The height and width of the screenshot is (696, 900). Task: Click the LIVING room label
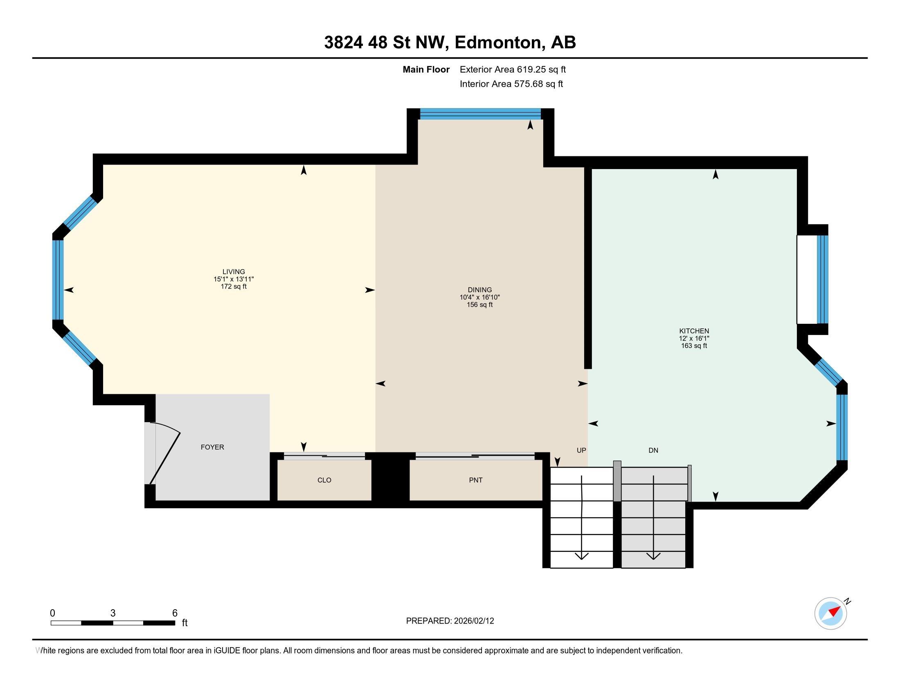[x=234, y=271]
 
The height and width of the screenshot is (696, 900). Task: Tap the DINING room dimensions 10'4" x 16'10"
[x=480, y=297]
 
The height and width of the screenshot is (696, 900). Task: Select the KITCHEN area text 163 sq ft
[x=694, y=346]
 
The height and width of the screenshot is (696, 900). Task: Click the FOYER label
[x=212, y=447]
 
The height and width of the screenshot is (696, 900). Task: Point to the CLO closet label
[x=324, y=480]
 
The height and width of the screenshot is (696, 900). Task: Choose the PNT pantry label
[x=475, y=480]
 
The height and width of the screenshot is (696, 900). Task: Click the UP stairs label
[x=581, y=450]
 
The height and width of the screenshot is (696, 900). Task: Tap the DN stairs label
[x=653, y=450]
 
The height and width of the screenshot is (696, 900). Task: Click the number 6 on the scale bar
[x=175, y=613]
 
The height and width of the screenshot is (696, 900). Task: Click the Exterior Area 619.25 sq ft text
[x=513, y=69]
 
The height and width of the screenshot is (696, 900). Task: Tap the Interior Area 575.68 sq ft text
[x=511, y=84]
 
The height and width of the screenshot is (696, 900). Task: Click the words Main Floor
[x=426, y=69]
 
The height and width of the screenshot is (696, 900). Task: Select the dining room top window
[x=480, y=113]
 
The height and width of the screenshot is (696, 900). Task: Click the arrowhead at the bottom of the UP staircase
[x=581, y=556]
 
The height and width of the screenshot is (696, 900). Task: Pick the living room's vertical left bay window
[x=58, y=280]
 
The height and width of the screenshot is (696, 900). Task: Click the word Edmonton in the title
[x=498, y=43]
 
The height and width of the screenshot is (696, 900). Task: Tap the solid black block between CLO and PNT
[x=390, y=479]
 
